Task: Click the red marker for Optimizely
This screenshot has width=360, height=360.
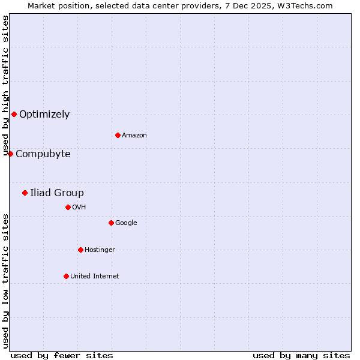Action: pos(14,114)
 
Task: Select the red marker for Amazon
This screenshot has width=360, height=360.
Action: pos(118,135)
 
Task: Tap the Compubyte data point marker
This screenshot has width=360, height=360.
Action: pos(10,154)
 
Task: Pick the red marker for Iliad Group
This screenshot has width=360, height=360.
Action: pos(25,193)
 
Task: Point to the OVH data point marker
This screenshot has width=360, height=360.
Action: pos(68,207)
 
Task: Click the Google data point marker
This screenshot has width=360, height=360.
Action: pos(111,223)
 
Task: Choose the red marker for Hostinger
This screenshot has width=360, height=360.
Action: pos(80,250)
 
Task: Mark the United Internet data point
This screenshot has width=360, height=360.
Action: pos(66,276)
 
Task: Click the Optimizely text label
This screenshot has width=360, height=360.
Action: pos(44,114)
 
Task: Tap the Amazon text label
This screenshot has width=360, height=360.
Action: pos(134,135)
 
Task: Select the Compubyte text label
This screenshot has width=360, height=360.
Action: pos(43,154)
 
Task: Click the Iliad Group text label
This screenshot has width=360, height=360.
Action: pos(57,193)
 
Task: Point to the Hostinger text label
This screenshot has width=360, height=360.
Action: pos(100,250)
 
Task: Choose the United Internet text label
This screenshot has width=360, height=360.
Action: pos(95,276)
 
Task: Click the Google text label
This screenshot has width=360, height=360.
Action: pos(126,223)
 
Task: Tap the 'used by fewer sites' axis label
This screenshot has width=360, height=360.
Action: pos(62,355)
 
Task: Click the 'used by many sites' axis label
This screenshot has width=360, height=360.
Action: pos(301,355)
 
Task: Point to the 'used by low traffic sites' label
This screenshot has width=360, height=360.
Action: pos(5,281)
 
